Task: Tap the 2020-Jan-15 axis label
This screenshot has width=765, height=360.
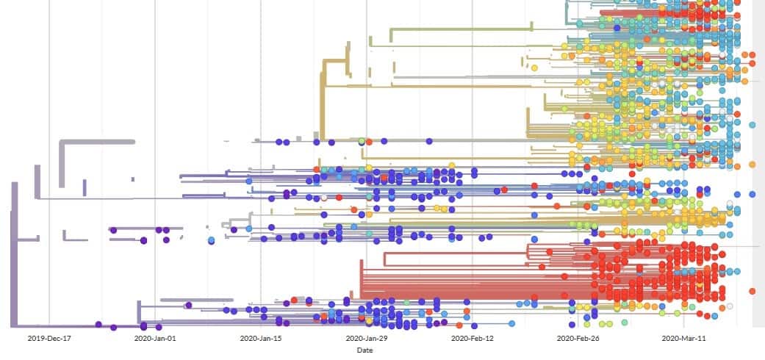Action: point(261,339)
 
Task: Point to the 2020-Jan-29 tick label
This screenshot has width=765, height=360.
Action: point(366,339)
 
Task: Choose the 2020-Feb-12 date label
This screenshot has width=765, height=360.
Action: point(471,339)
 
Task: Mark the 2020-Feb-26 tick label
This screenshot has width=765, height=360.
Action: point(578,339)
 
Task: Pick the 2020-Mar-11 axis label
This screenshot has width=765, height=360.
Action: point(683,339)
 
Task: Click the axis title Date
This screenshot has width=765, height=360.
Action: point(364,350)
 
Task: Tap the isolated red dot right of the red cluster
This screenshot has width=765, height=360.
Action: point(752,292)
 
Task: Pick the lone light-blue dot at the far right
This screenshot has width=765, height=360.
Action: point(752,125)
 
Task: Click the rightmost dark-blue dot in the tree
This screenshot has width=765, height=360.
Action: point(752,194)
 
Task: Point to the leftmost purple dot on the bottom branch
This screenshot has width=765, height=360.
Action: point(98,324)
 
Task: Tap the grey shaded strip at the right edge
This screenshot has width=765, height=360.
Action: point(758,162)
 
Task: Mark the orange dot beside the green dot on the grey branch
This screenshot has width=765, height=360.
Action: point(370,141)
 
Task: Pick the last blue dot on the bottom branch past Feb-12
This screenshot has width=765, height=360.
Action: point(511,323)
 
